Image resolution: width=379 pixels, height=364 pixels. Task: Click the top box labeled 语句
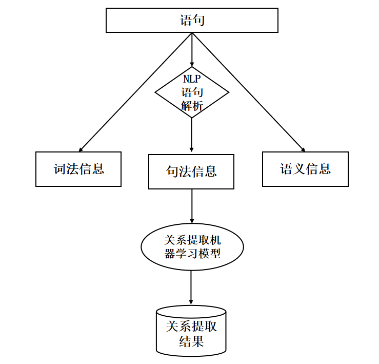192,21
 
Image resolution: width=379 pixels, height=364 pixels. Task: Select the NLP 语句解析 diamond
192,92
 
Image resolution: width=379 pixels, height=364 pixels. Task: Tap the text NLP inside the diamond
192,80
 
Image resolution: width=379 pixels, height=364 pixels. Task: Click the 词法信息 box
78,169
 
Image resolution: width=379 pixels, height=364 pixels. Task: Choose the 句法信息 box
191,171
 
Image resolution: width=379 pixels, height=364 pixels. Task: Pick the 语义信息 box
305,169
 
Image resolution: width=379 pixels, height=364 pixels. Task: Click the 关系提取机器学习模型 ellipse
192,247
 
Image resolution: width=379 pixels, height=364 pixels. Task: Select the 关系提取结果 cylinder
191,333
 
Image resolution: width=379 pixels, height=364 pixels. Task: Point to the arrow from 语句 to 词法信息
133,92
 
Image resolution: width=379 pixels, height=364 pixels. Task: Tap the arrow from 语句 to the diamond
192,49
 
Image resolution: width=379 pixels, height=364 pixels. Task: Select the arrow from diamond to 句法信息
192,136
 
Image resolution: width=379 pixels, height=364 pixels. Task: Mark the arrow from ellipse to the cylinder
191,288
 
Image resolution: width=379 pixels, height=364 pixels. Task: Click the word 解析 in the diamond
192,106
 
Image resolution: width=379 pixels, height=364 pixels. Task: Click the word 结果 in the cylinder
191,341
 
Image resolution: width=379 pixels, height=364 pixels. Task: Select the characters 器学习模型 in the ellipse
192,254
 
